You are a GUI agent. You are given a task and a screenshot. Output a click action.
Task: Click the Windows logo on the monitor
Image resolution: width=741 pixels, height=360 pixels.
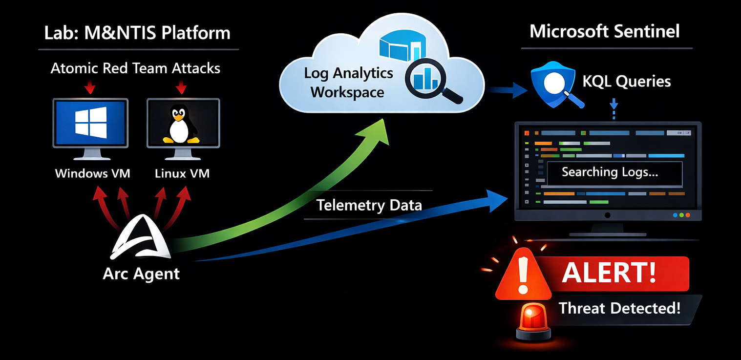pos(91,122)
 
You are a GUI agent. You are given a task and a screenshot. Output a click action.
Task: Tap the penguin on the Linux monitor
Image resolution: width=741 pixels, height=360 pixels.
pos(181,125)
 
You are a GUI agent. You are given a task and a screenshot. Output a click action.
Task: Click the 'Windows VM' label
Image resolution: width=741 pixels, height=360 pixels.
pos(92,173)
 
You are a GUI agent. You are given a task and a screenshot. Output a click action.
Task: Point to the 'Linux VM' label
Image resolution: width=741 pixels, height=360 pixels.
pos(182,173)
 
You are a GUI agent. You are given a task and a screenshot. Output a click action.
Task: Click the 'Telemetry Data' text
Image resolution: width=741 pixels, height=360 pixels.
pos(369,205)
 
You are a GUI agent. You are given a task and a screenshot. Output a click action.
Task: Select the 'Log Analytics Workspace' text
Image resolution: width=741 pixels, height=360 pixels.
pos(348,83)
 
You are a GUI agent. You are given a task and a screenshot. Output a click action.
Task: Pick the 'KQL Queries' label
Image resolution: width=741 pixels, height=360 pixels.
pos(627,81)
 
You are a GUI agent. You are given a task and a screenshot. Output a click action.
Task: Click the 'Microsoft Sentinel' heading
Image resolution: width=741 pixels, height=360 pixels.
pos(605,31)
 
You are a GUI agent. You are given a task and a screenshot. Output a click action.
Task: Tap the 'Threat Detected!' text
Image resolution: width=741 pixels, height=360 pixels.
pos(619,308)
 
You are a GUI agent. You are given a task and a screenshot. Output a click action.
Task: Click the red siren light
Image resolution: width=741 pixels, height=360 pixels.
pos(533,318)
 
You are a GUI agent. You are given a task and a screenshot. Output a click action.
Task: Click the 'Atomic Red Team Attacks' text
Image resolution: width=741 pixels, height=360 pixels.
pos(135,68)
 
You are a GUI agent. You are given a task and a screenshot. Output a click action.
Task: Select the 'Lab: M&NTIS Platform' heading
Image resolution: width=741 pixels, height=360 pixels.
pos(137,33)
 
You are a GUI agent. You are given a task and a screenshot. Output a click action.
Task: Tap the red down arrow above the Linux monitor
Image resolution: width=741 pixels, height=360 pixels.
pos(181,88)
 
